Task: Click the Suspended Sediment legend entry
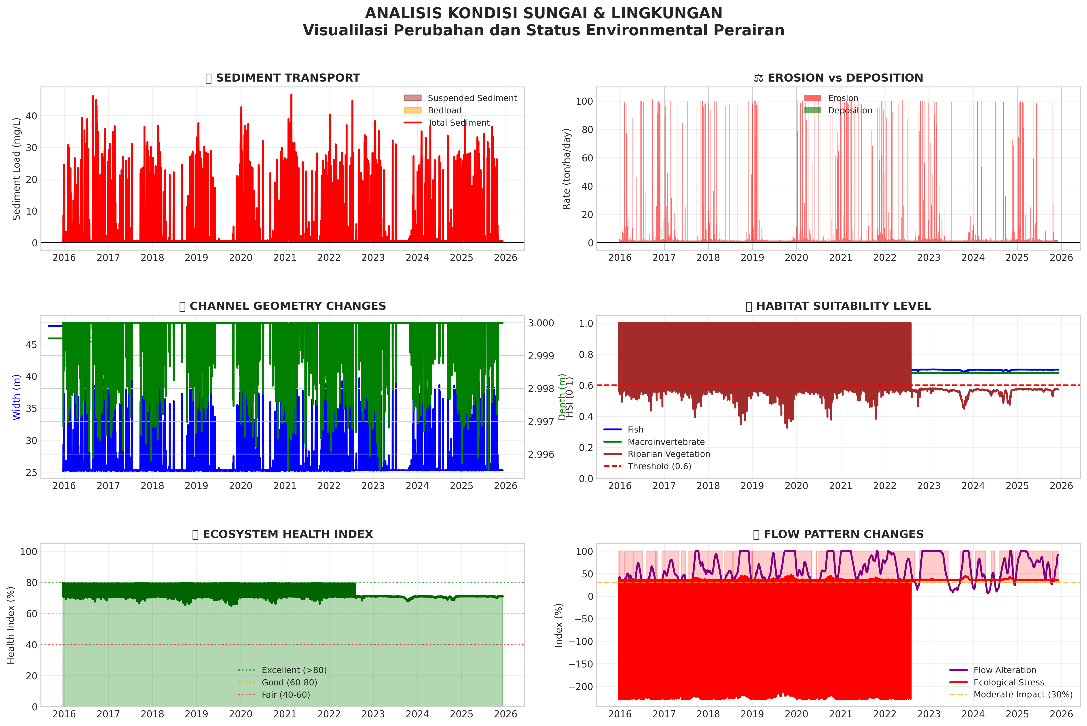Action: (472, 98)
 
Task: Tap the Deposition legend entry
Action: (849, 110)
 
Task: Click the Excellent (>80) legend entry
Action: (294, 670)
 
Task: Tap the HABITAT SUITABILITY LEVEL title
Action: (843, 306)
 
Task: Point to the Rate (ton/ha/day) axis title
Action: (567, 169)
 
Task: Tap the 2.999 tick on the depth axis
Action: (541, 356)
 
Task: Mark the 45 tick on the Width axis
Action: (32, 344)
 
